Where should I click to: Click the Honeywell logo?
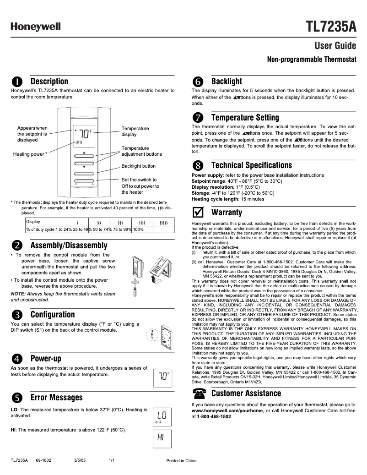(36, 27)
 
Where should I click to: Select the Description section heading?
(49, 82)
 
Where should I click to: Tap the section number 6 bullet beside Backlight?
(198, 82)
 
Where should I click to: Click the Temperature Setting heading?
(245, 118)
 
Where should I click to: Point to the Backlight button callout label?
(138, 166)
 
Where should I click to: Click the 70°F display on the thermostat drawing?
(84, 134)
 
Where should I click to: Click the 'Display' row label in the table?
(33, 222)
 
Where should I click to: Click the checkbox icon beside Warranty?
(198, 213)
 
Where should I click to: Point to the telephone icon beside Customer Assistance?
(198, 393)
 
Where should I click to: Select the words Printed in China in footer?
(181, 460)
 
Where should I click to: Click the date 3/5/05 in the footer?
(80, 460)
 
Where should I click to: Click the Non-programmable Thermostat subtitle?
(311, 60)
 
